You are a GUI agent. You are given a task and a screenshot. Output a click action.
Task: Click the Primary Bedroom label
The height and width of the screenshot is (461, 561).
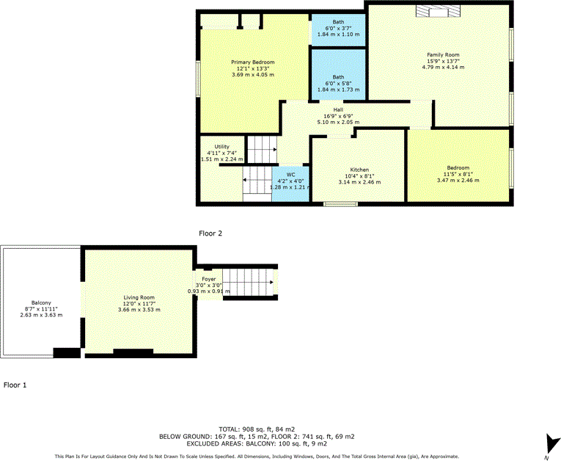(x=253, y=62)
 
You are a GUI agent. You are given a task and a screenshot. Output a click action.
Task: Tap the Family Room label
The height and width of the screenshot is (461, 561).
(x=443, y=55)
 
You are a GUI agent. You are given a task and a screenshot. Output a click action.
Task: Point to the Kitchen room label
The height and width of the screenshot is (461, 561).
(x=359, y=170)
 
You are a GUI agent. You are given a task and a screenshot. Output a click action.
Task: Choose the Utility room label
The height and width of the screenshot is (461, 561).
(x=212, y=147)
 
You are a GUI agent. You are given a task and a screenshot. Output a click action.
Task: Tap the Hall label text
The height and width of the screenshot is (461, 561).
(x=339, y=110)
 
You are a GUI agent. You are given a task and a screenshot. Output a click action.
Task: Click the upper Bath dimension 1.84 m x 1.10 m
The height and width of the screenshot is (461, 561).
(x=338, y=35)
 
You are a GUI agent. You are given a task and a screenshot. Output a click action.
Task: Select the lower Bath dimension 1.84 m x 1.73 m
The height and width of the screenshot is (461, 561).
(x=338, y=90)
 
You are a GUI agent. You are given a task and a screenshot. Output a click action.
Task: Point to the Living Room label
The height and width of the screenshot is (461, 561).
(x=139, y=297)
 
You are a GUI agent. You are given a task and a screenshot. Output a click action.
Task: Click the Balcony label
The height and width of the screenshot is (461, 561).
(x=41, y=302)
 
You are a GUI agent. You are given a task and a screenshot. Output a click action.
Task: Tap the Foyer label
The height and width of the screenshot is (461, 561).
(x=209, y=279)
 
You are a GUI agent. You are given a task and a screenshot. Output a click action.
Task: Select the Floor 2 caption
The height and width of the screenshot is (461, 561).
(x=210, y=233)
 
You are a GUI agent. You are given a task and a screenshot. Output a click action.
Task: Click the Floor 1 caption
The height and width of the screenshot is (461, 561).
(x=15, y=384)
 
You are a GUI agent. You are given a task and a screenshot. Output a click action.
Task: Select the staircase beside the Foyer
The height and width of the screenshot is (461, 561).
(x=246, y=281)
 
